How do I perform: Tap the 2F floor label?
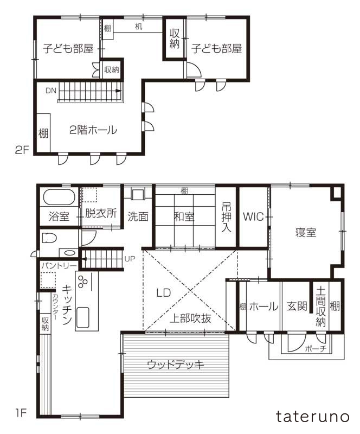22,151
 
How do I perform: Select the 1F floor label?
20,413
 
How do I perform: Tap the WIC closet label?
253,217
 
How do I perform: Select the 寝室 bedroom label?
306,232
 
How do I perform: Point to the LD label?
163,292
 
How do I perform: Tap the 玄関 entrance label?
295,307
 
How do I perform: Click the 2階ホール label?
93,130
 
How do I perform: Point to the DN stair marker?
50,90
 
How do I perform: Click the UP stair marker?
130,258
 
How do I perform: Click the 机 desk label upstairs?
138,27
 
